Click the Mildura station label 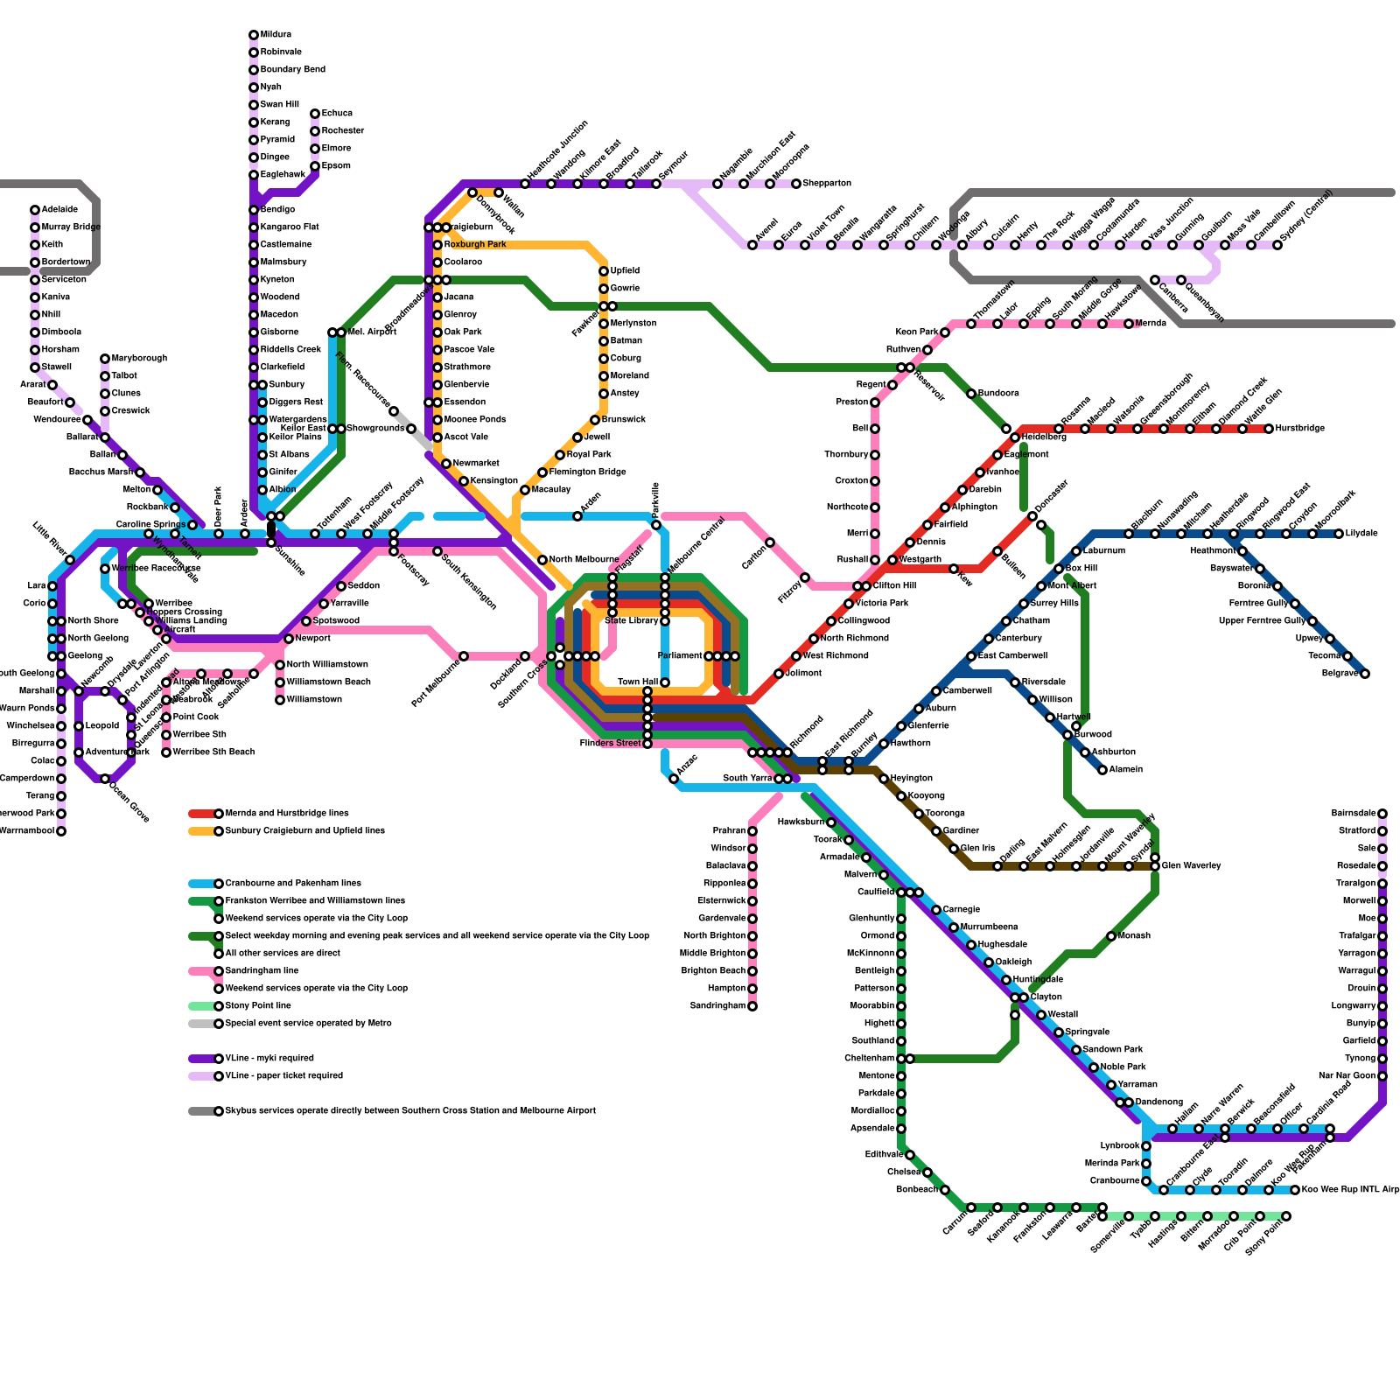click(x=276, y=35)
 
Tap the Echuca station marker click(x=315, y=114)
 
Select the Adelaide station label click(x=59, y=210)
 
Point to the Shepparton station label click(x=827, y=184)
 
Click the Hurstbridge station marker click(x=1269, y=429)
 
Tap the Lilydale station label click(x=1361, y=534)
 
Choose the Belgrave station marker click(x=1365, y=674)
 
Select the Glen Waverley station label click(x=1191, y=866)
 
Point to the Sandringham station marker click(x=752, y=1006)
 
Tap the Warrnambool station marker click(x=61, y=831)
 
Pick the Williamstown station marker click(x=280, y=700)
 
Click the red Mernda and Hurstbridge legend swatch click(x=202, y=814)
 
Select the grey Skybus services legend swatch click(x=202, y=1111)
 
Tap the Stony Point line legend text click(x=258, y=1006)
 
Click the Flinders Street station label click(x=610, y=744)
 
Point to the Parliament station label click(x=680, y=656)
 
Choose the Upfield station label click(x=625, y=271)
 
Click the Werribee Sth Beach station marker click(x=166, y=752)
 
